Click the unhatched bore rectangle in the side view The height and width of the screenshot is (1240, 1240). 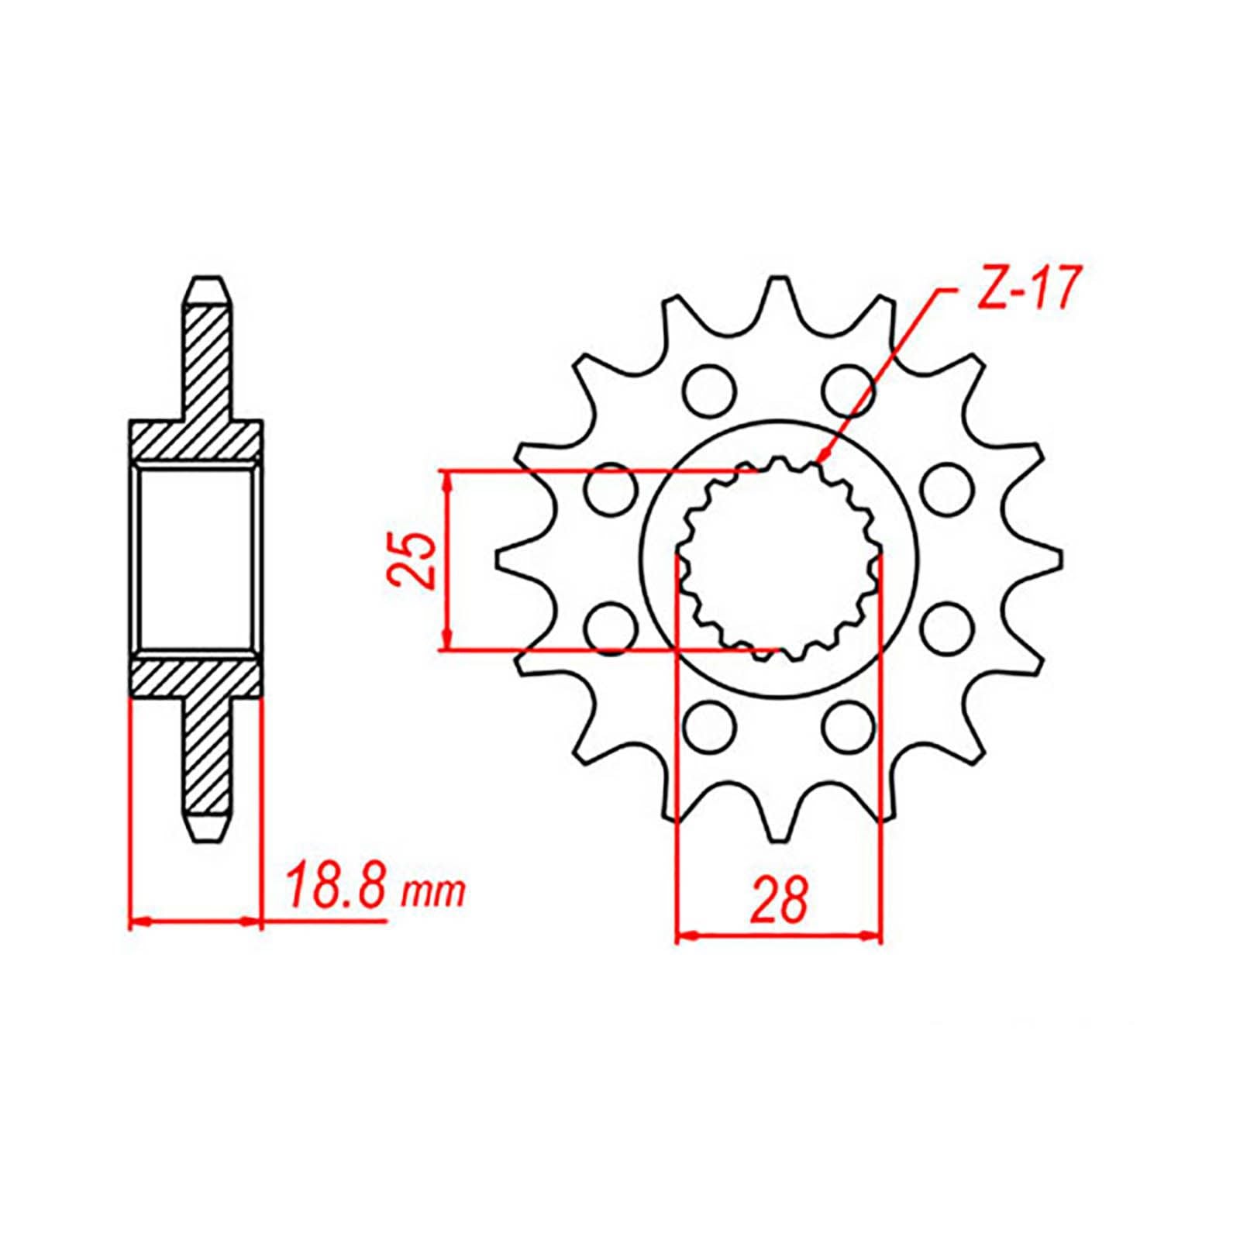point(197,558)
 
